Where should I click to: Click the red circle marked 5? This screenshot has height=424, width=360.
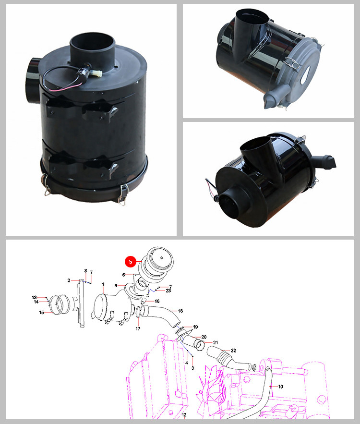point(131,262)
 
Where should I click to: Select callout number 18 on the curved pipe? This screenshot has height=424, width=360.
point(180,311)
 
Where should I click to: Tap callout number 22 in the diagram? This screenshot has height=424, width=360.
point(233,351)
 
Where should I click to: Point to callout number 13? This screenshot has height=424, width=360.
point(34,297)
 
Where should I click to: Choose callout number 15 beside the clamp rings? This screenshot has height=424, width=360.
point(41,312)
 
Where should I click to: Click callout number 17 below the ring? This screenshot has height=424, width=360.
point(138,328)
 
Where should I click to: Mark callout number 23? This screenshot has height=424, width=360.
point(168,291)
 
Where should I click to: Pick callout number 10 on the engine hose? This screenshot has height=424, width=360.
point(280,387)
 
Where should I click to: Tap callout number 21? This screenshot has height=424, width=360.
point(216,342)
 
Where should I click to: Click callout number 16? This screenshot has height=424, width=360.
point(157,301)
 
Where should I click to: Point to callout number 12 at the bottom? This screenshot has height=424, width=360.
point(184,415)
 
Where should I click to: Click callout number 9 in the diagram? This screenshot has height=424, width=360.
point(116,286)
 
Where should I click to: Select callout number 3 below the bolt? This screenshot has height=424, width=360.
point(192,368)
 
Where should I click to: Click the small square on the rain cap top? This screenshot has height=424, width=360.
point(161,257)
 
